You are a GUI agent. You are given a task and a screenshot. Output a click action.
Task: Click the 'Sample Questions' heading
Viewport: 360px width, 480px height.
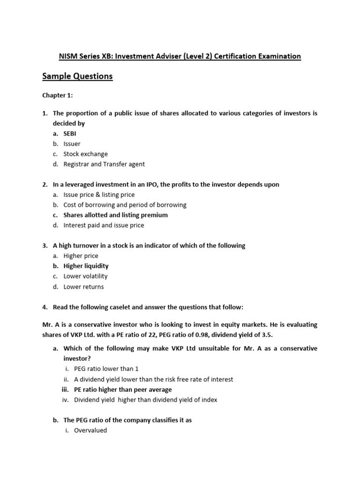(77, 76)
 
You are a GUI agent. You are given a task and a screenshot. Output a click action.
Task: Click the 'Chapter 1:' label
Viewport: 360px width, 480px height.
(58, 95)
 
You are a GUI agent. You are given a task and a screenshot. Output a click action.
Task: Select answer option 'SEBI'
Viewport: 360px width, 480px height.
(70, 134)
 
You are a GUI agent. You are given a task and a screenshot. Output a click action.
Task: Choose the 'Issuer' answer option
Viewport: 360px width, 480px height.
(72, 144)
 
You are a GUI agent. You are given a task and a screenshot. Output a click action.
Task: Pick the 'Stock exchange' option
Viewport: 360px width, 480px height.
(85, 154)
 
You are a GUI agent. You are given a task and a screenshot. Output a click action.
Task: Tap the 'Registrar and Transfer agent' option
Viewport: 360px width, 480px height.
(104, 164)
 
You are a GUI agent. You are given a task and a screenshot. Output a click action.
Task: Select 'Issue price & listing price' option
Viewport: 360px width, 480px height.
(99, 195)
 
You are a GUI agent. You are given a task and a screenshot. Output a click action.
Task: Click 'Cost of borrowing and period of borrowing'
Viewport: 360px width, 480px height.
(125, 205)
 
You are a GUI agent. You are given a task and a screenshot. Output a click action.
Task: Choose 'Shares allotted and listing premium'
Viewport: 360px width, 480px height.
(115, 215)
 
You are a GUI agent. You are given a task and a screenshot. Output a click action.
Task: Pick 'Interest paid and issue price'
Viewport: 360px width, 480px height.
(104, 225)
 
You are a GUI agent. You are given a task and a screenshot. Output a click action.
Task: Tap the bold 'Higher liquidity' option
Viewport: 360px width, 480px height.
(86, 266)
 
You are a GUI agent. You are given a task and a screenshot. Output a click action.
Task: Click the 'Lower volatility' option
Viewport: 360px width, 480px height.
(85, 276)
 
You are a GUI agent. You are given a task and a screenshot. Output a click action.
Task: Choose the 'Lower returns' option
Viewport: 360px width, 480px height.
(83, 286)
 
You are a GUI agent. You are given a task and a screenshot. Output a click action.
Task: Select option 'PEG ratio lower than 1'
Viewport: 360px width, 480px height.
(106, 369)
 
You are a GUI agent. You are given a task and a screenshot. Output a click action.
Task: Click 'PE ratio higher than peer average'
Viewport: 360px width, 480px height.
(123, 390)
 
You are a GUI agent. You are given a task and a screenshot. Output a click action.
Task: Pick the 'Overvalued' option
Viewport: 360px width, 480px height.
(90, 430)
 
